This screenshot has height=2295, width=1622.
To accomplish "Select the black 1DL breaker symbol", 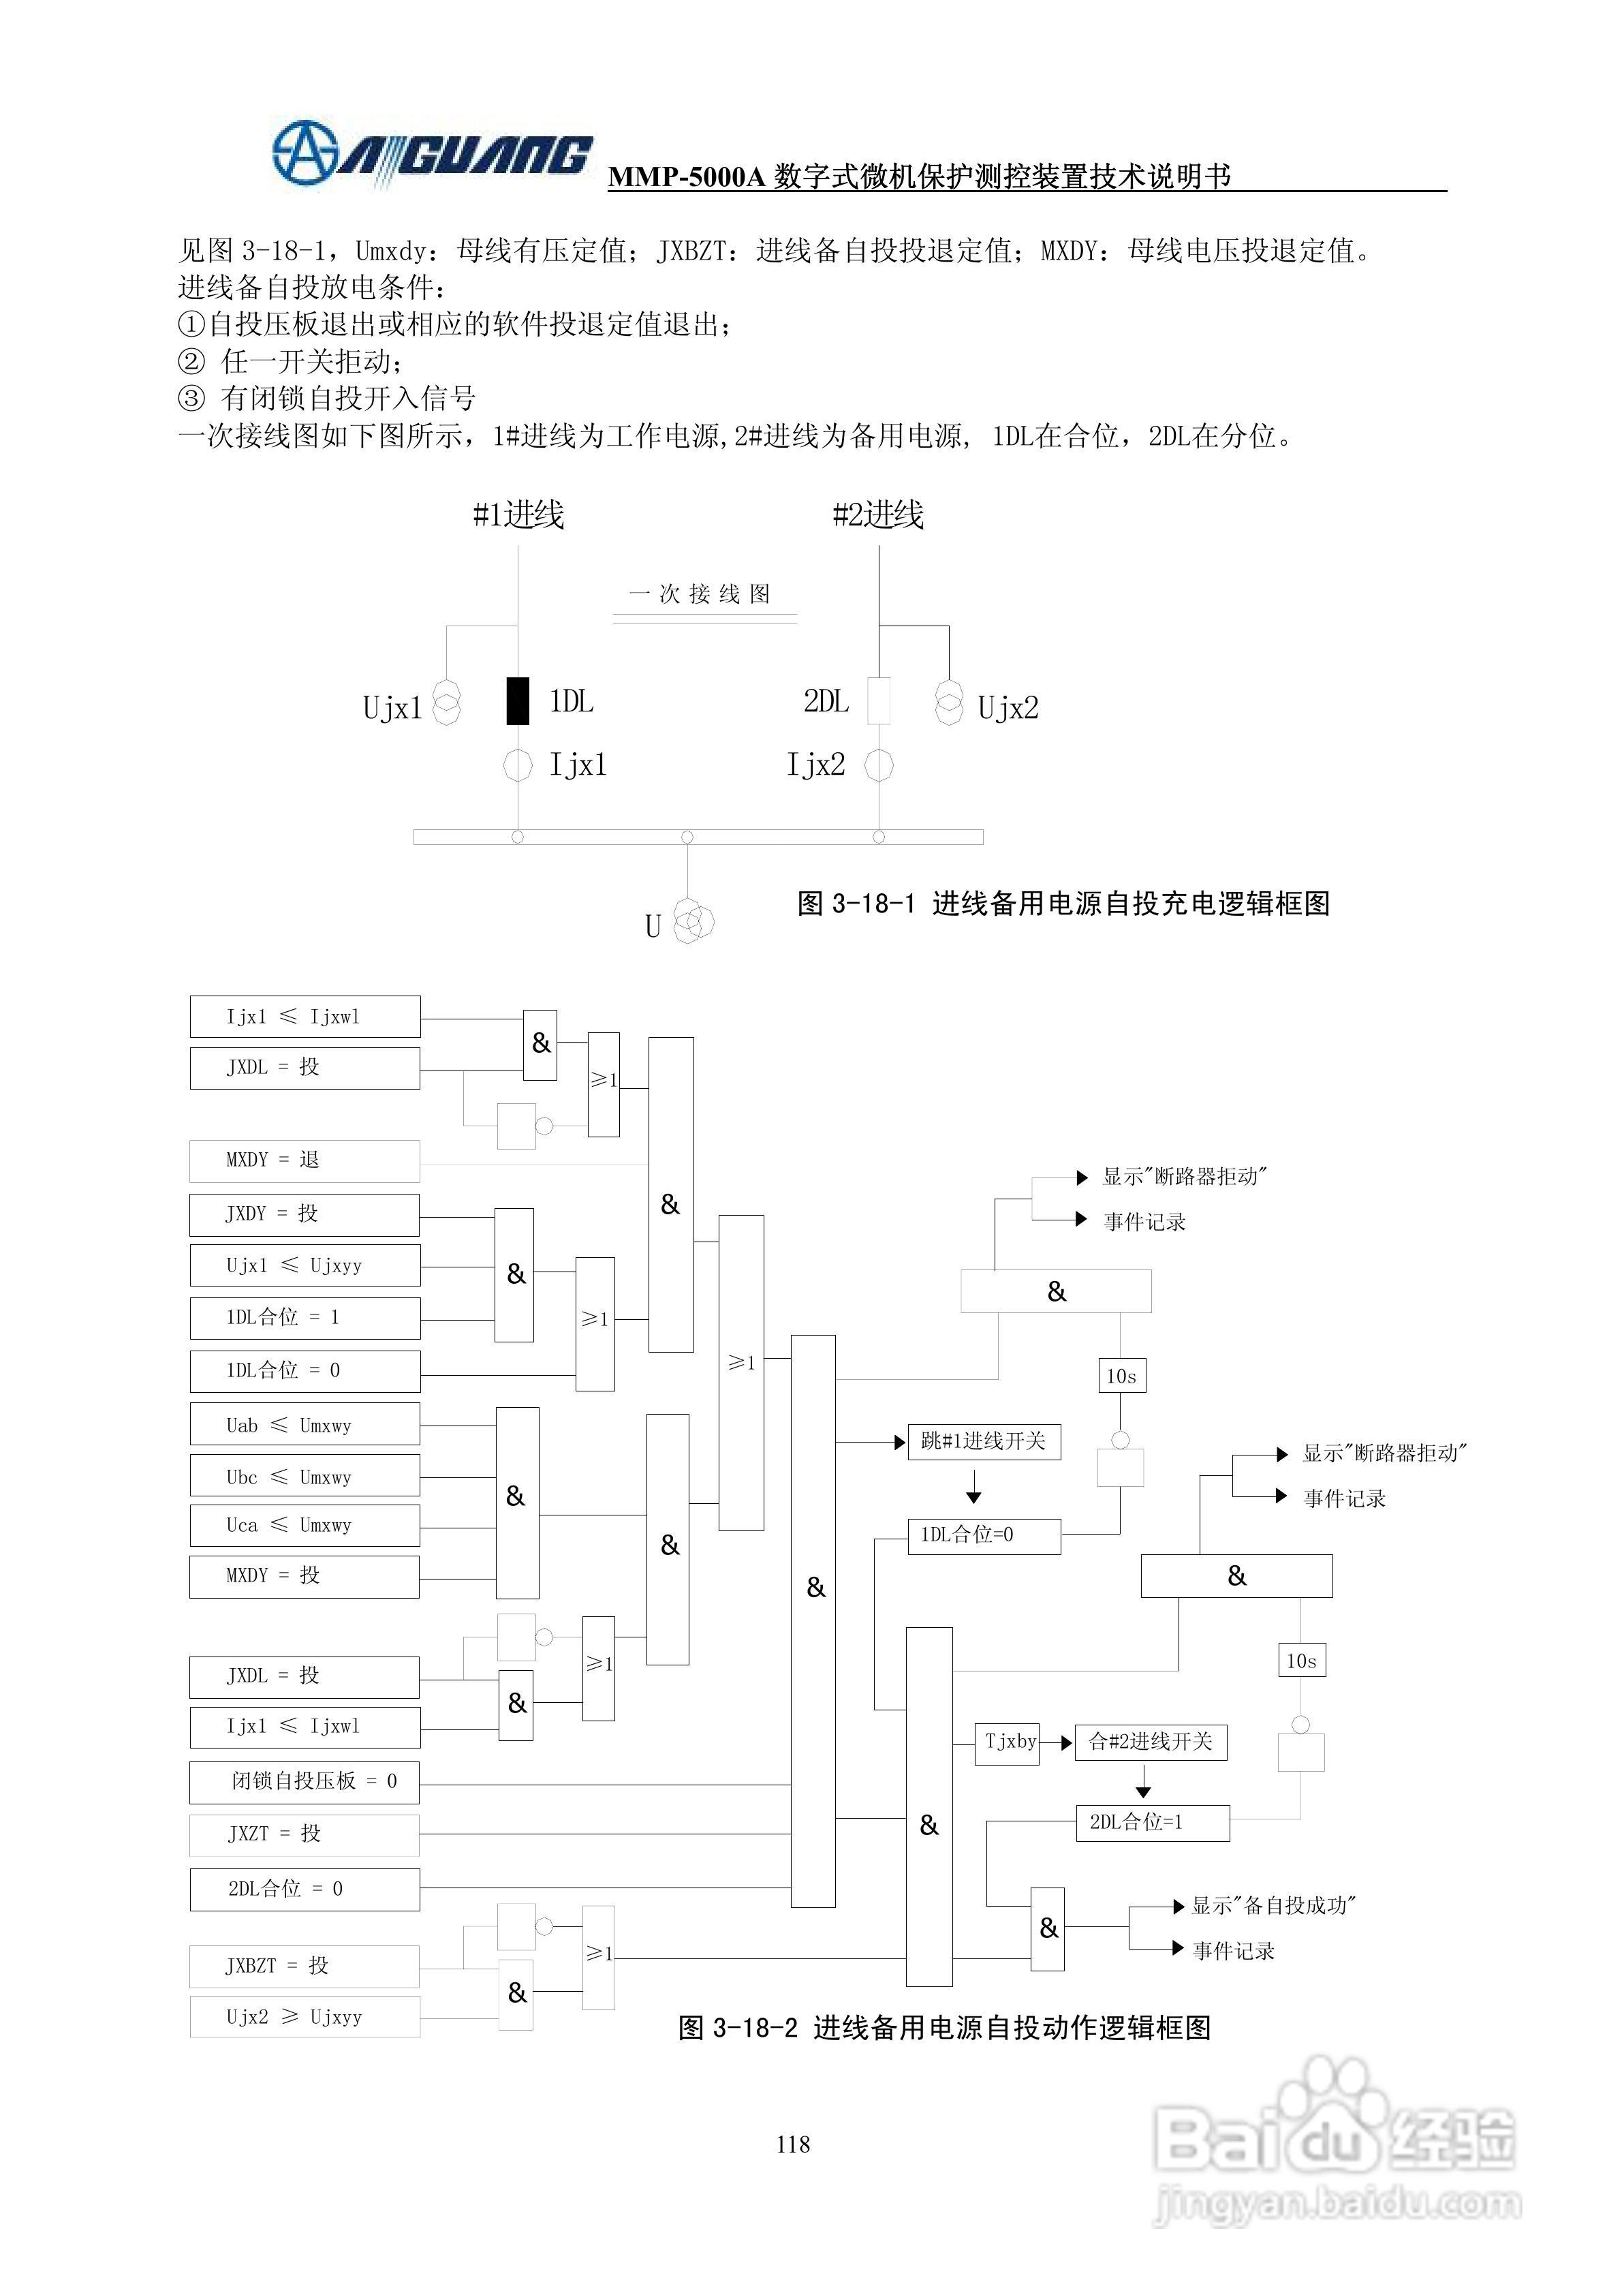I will pyautogui.click(x=518, y=700).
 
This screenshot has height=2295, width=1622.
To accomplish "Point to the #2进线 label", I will pyautogui.click(x=879, y=514).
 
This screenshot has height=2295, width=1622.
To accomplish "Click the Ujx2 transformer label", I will pyautogui.click(x=1008, y=708).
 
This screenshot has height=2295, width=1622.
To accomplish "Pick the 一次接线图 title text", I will pyautogui.click(x=700, y=594).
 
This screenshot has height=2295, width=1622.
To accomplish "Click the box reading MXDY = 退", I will pyautogui.click(x=305, y=1160).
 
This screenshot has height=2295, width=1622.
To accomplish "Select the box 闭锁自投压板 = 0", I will pyautogui.click(x=305, y=1781).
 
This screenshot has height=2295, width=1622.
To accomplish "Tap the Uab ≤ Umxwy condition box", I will pyautogui.click(x=305, y=1426).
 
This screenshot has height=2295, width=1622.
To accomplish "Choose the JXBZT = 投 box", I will pyautogui.click(x=305, y=1966).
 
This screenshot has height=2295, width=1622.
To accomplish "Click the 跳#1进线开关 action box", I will pyautogui.click(x=984, y=1441).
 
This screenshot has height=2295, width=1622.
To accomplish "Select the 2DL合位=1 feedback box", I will pyautogui.click(x=1151, y=1822).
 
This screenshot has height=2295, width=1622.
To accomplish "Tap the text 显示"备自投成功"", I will pyautogui.click(x=1273, y=1905).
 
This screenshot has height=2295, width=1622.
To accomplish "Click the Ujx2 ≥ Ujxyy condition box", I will pyautogui.click(x=305, y=2017).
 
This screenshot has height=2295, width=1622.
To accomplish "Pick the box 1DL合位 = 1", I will pyautogui.click(x=305, y=1317).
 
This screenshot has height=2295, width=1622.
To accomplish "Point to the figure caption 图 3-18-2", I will pyautogui.click(x=944, y=2027).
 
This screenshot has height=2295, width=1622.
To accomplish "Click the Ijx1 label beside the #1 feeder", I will pyautogui.click(x=578, y=766).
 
